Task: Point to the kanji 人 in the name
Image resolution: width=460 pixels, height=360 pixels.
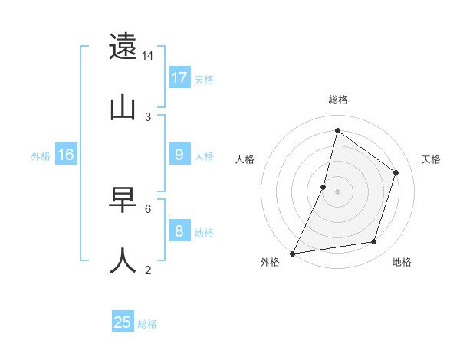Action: (x=123, y=260)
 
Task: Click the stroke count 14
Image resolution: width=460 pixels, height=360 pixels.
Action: (x=148, y=56)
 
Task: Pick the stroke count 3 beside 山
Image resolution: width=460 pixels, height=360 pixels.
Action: (x=148, y=116)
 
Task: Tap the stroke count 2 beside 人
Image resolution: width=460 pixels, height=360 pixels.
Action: (x=148, y=270)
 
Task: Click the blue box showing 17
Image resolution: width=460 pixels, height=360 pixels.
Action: (x=179, y=78)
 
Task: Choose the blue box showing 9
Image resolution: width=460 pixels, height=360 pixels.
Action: (x=179, y=155)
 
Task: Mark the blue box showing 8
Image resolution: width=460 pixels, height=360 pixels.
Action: (x=179, y=231)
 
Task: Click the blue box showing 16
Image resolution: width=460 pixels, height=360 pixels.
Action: (x=66, y=155)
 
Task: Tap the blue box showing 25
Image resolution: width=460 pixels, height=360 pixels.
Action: (x=123, y=322)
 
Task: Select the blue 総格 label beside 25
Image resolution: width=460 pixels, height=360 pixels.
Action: (x=147, y=324)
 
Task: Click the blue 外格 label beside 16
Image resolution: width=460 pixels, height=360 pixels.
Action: (x=41, y=156)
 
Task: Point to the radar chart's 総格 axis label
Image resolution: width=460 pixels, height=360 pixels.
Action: (x=337, y=100)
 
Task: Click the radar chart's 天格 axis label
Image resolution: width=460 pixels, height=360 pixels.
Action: (x=432, y=159)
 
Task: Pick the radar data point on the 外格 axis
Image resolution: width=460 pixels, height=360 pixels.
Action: (x=292, y=253)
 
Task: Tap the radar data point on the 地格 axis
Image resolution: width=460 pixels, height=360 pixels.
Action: (x=374, y=242)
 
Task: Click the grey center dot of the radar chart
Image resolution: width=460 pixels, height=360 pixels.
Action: (x=337, y=191)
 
